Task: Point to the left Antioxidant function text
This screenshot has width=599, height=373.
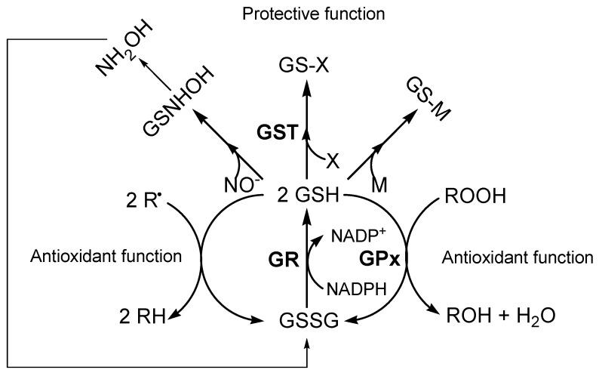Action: click(x=97, y=256)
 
